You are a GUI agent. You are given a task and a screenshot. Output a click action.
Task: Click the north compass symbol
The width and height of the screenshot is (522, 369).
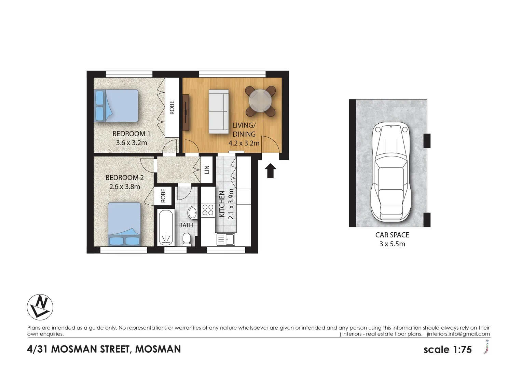pos(40,307)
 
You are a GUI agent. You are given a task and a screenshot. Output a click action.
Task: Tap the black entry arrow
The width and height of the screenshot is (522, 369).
pos(270,170)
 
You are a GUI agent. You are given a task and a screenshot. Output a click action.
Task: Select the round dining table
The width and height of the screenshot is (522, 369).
pos(260,101)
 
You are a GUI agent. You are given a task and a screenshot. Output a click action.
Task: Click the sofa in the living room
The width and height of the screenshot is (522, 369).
pos(219,112)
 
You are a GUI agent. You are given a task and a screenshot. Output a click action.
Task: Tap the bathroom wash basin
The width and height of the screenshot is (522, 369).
pos(193,212)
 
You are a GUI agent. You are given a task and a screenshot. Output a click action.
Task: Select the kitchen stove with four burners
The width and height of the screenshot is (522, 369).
pos(208,209)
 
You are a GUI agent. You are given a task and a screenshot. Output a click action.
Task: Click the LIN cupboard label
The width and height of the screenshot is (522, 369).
pos(207,170)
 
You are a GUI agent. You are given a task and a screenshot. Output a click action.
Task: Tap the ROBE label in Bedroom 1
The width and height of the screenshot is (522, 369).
pos(172,107)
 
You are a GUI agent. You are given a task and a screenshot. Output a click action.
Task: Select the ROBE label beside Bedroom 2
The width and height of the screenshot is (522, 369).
pos(163,195)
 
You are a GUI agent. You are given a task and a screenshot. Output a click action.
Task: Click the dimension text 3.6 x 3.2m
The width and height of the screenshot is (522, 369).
pos(132,143)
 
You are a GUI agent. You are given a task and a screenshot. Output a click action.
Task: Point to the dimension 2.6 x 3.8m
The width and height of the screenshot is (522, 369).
pos(125,187)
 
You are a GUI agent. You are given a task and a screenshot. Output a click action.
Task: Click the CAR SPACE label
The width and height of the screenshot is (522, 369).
pos(392,235)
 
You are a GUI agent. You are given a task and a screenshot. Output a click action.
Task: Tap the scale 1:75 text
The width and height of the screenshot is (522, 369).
pos(448,350)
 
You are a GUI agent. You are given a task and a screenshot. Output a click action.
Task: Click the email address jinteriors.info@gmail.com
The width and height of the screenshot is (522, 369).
pos(458,334)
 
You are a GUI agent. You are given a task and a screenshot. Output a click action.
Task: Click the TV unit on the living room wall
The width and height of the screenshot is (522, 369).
pos(186,112)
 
